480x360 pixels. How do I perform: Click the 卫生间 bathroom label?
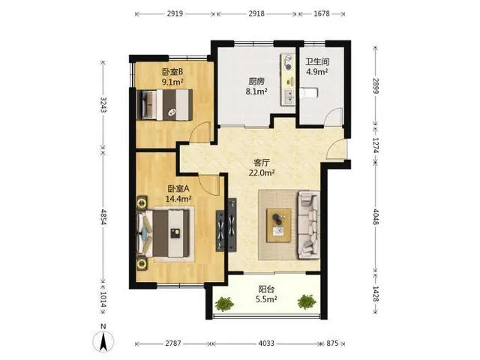(x=317, y=62)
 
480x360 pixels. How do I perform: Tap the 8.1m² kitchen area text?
(x=256, y=91)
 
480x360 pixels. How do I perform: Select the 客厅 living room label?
(x=261, y=163)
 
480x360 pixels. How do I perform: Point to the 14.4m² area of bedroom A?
(x=178, y=199)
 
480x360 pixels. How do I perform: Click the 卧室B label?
(x=172, y=72)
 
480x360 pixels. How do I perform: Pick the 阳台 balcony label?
(x=266, y=289)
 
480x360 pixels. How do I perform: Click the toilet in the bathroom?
(x=309, y=93)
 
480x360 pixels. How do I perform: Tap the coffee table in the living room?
(x=279, y=225)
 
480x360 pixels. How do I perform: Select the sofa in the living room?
(x=309, y=224)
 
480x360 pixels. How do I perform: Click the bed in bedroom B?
(x=165, y=105)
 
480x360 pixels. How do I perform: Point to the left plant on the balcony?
(x=224, y=303)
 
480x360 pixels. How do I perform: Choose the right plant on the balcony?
(x=307, y=301)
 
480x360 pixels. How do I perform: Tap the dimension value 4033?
(x=266, y=343)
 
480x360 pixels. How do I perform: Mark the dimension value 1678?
(x=322, y=13)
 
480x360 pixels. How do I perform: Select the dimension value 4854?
(x=103, y=217)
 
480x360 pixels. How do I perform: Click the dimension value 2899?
(x=376, y=86)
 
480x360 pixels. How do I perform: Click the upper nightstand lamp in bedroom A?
(x=142, y=203)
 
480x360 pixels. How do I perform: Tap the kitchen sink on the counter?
(x=288, y=96)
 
